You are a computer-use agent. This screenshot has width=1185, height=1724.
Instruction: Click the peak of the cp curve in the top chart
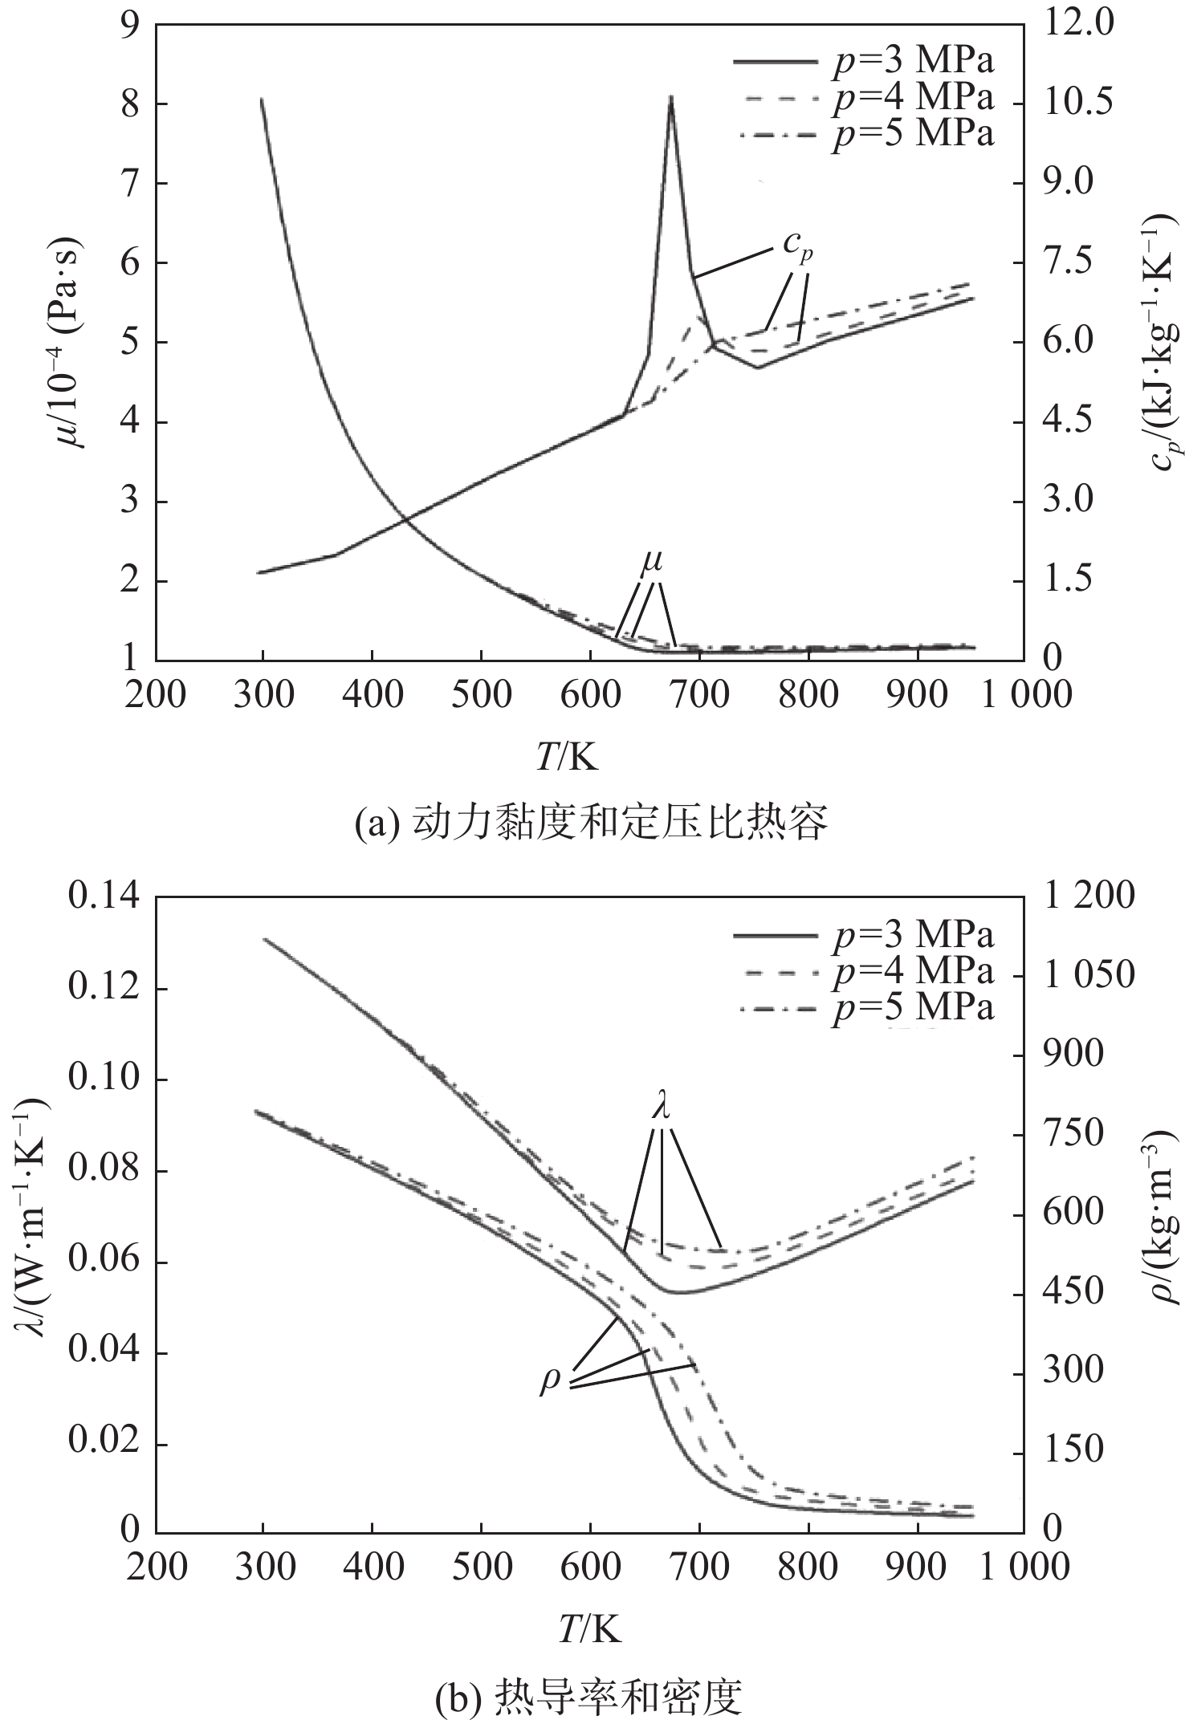point(670,97)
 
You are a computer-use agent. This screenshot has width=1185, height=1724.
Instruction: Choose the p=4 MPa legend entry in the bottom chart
point(863,971)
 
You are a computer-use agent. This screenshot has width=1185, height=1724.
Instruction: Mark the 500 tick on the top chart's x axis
point(480,694)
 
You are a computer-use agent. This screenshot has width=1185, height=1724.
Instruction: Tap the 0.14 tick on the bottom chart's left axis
point(105,897)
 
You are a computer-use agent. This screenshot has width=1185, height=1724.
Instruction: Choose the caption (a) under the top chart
point(592,824)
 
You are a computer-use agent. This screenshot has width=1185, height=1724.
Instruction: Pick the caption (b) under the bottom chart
point(592,1692)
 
